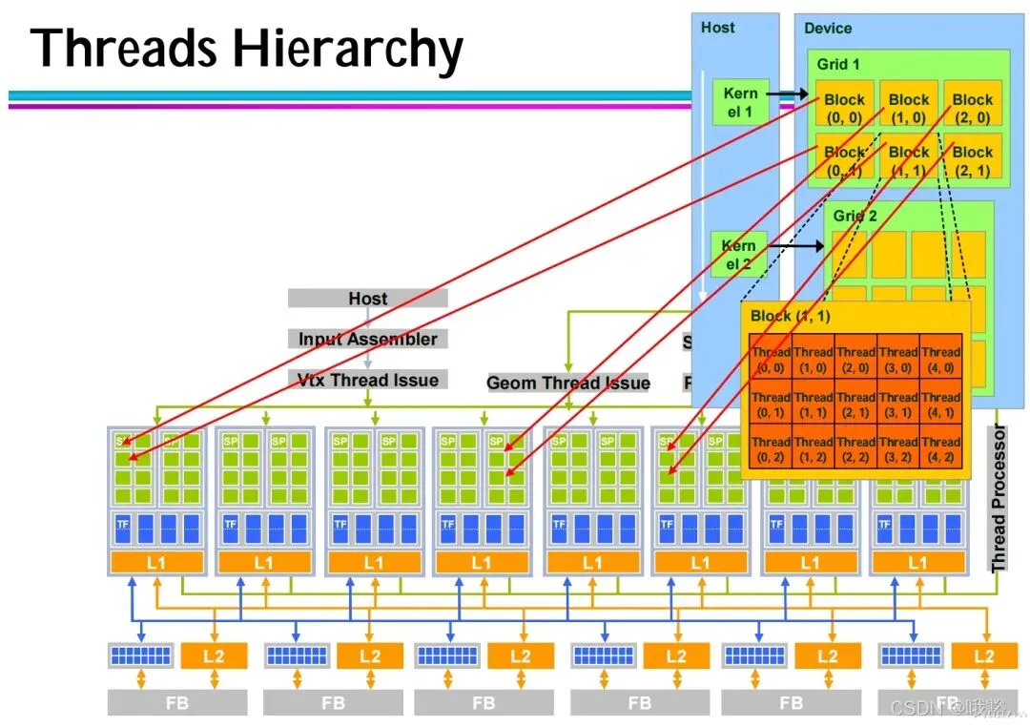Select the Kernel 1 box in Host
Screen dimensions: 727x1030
(x=740, y=102)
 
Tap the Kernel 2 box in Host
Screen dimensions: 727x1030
(x=738, y=254)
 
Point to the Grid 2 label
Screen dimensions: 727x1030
(x=855, y=216)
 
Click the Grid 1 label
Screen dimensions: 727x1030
(x=838, y=64)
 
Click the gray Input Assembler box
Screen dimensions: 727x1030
(x=368, y=339)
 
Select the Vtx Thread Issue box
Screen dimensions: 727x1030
(x=368, y=380)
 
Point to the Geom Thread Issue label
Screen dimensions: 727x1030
(x=568, y=383)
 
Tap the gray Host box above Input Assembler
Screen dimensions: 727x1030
(x=368, y=299)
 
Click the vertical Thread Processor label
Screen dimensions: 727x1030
(x=999, y=499)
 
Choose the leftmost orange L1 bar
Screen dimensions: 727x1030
(x=156, y=563)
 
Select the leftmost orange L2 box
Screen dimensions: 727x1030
(x=214, y=655)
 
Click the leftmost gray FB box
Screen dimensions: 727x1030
(x=177, y=703)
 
